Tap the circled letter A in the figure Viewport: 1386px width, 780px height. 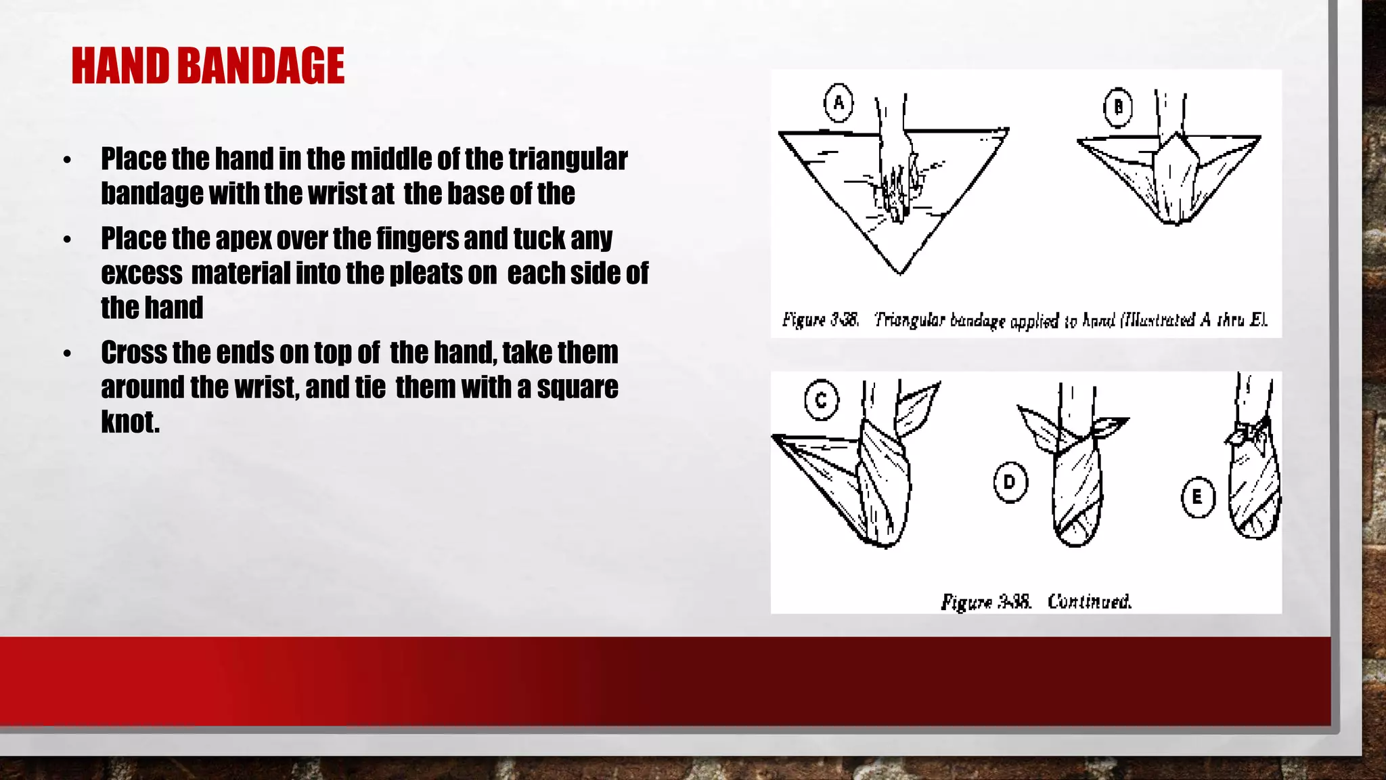point(839,103)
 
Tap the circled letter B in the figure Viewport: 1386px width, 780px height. point(1118,107)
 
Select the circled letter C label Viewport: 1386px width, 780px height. point(821,400)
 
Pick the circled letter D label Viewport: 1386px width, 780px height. point(1010,482)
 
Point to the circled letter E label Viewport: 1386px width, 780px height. point(1197,498)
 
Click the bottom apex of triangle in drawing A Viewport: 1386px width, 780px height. point(900,270)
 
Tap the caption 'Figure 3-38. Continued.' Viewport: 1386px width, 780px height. point(1035,601)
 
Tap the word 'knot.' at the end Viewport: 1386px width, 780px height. point(131,422)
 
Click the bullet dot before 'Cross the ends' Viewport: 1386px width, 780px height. point(67,354)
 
